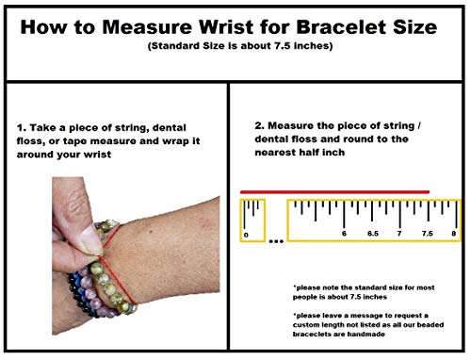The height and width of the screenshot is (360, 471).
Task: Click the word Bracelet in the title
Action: (342, 26)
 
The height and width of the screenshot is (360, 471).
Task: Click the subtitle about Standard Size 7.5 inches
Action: (240, 46)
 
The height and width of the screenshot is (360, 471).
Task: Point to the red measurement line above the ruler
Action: (334, 192)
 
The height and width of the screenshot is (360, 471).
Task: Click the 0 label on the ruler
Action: (246, 235)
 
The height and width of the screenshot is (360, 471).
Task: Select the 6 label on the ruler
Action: (344, 234)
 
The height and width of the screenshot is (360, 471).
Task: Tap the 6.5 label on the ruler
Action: (373, 234)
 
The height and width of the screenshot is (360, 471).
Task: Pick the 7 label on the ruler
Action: (399, 234)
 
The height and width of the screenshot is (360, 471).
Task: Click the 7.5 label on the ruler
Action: (428, 234)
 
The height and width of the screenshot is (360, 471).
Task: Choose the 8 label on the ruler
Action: (454, 234)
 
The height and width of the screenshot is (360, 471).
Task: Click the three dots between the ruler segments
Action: (276, 241)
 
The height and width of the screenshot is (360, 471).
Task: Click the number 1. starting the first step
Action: (22, 128)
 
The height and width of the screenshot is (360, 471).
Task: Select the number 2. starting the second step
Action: (259, 125)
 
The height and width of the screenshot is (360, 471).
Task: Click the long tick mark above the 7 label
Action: (399, 214)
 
